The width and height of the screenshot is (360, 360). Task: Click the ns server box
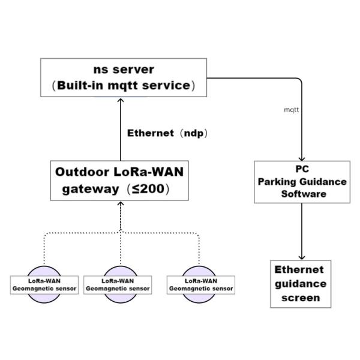(x=124, y=77)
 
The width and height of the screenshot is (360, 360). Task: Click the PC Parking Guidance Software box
(x=301, y=182)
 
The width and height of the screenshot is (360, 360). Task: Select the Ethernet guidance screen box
(x=301, y=284)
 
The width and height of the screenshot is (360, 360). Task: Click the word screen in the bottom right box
(x=301, y=298)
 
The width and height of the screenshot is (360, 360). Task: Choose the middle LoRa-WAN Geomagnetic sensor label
(x=118, y=284)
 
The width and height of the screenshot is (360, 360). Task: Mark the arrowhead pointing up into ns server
(x=120, y=100)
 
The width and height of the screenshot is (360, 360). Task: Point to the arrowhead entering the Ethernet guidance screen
(x=301, y=256)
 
